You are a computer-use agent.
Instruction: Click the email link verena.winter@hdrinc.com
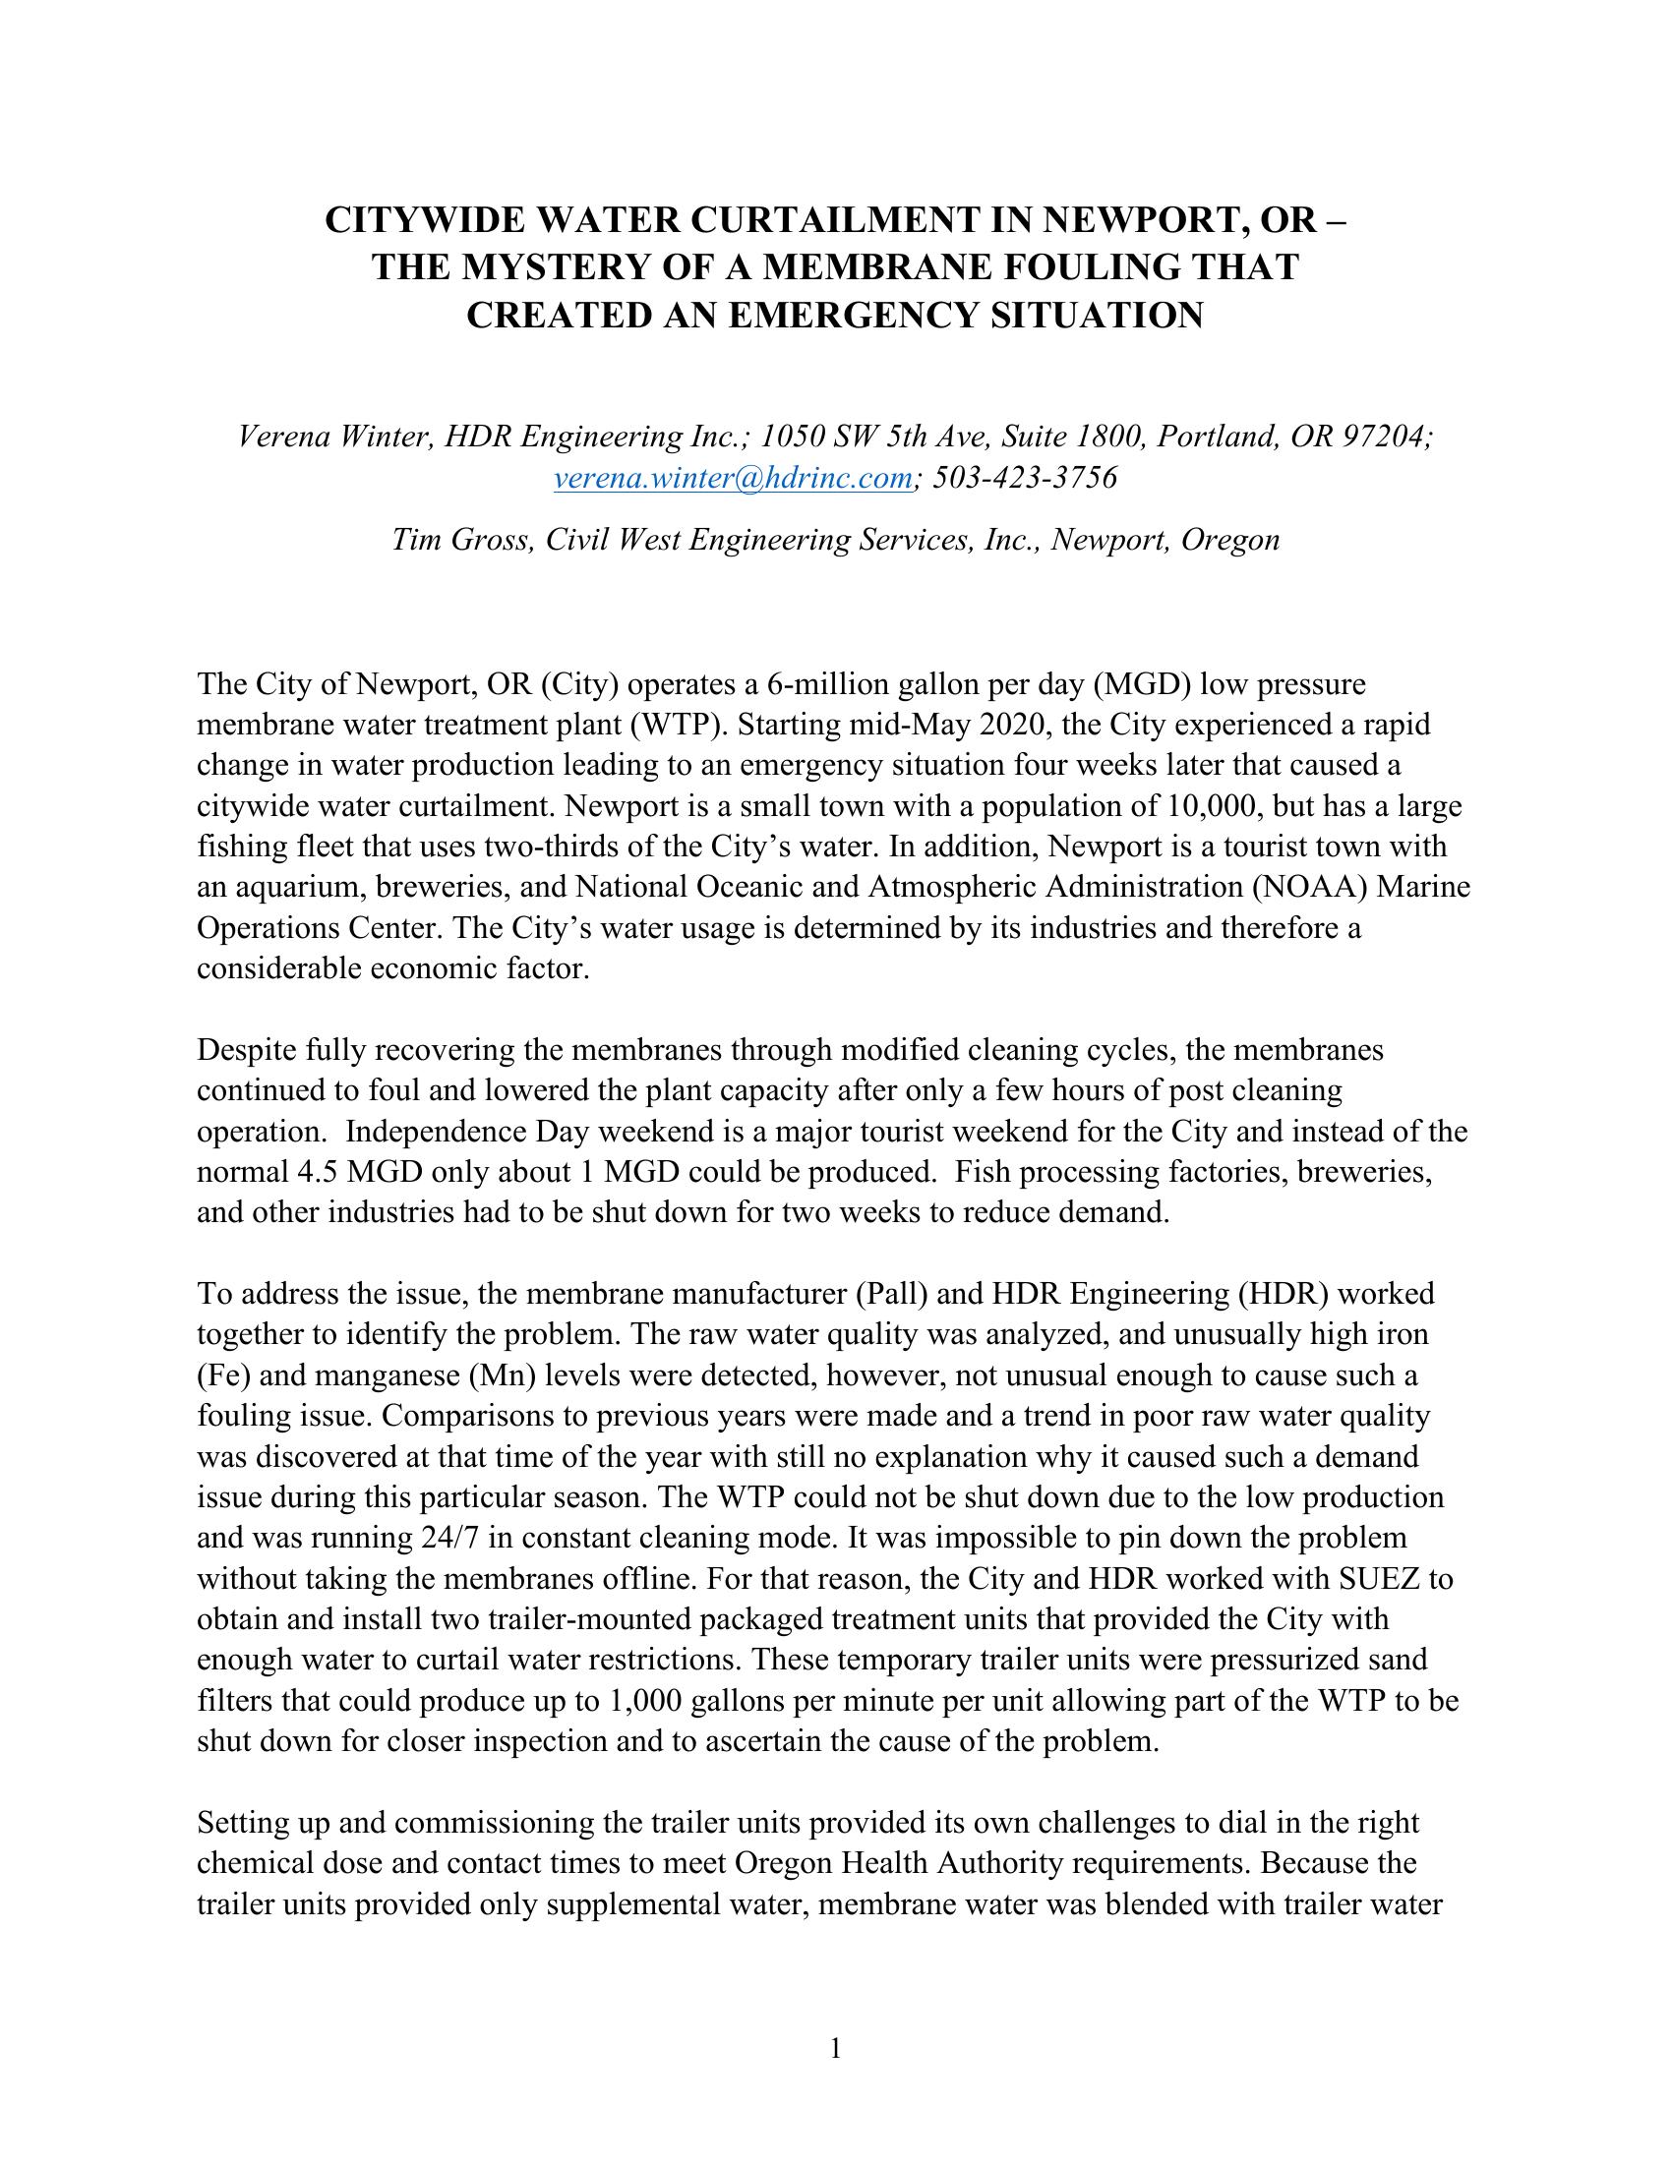pyautogui.click(x=733, y=479)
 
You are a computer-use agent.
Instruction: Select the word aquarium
pyautogui.click(x=294, y=888)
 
